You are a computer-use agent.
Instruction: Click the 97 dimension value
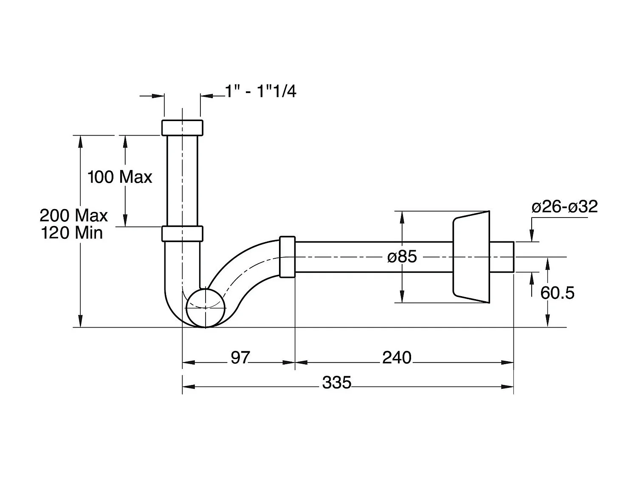coord(240,358)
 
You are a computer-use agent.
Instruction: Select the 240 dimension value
coord(397,358)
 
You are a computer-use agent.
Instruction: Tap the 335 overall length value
coord(337,383)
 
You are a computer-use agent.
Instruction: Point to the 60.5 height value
coord(557,293)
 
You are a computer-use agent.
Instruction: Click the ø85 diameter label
coord(402,257)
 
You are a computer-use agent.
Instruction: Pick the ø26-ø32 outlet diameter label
coord(565,207)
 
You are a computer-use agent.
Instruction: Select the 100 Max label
coord(120,177)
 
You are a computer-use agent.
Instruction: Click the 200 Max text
coord(74,215)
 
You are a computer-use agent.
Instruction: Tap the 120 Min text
coord(72,233)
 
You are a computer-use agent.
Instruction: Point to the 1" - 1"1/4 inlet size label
coord(260,91)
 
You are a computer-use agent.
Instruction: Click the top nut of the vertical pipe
coord(182,127)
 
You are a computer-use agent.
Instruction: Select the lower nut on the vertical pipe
coord(182,234)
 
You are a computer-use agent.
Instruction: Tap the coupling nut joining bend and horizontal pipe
coord(287,257)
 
